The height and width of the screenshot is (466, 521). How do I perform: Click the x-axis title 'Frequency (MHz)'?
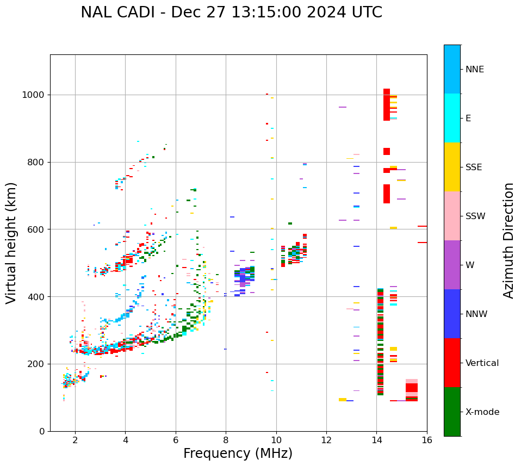click(x=238, y=453)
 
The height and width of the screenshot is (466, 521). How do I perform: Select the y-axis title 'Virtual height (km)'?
click(x=11, y=243)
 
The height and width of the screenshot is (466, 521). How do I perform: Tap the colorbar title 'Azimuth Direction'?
click(x=508, y=240)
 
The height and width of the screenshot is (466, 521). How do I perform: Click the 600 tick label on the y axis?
click(x=38, y=229)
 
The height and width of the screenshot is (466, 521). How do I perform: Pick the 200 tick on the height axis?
click(x=38, y=364)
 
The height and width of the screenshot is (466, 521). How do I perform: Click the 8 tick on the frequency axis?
click(x=226, y=439)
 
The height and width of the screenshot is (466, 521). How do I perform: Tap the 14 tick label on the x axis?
click(x=376, y=439)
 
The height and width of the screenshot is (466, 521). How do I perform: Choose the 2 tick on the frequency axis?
click(x=75, y=439)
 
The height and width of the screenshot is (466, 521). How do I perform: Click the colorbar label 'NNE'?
click(x=474, y=70)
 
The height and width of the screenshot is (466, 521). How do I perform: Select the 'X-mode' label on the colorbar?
click(x=482, y=412)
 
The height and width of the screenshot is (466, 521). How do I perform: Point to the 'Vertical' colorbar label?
click(x=482, y=363)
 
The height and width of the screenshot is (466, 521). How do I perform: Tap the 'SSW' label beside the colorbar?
click(x=475, y=216)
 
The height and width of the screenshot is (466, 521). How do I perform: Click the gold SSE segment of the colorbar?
click(x=452, y=167)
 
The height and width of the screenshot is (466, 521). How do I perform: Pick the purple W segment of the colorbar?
click(x=452, y=265)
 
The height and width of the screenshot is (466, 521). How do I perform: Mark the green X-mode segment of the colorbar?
click(x=452, y=412)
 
